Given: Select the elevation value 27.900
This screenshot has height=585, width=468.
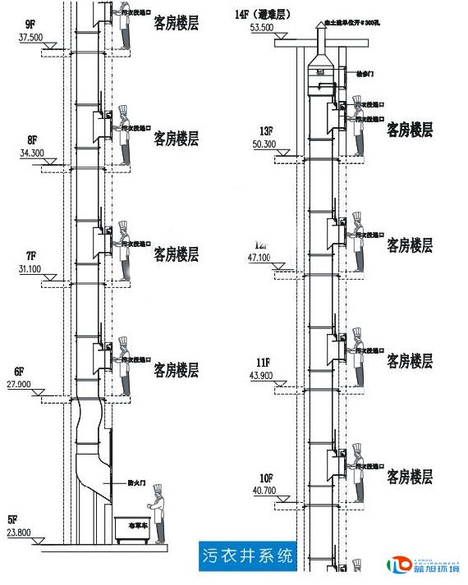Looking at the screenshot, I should [x=21, y=384].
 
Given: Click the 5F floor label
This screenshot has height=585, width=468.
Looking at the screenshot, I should [x=12, y=519].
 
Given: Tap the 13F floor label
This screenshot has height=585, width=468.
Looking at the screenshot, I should [x=264, y=131].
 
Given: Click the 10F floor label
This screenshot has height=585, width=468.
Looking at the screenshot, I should [x=266, y=478].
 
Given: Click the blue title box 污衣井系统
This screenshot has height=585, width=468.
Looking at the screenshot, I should [x=247, y=555].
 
